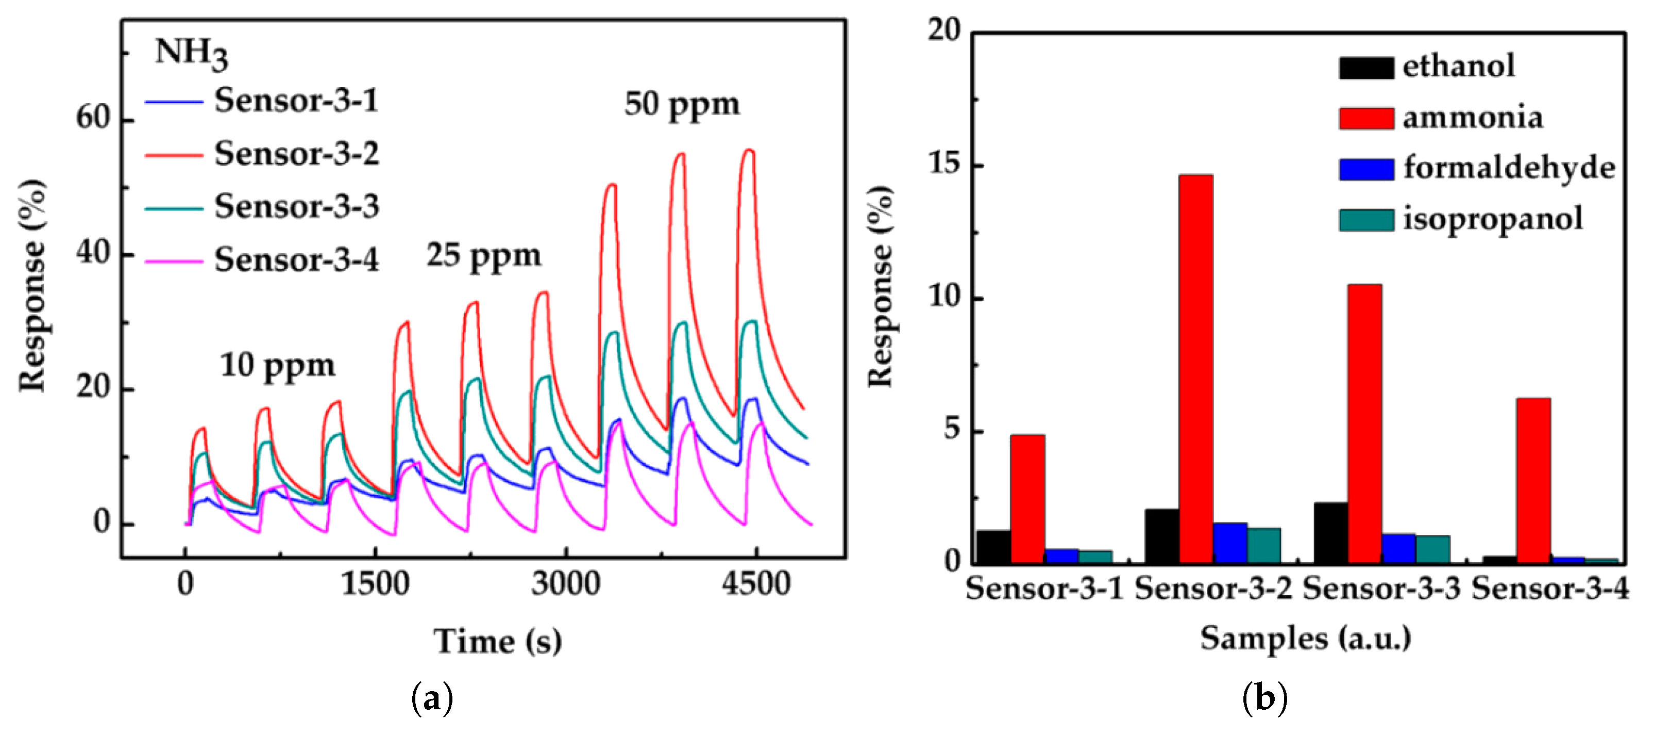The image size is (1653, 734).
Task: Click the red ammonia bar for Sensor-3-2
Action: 1195,369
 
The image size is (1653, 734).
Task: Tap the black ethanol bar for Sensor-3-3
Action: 1330,533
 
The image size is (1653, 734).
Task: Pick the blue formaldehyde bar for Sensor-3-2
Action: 1229,543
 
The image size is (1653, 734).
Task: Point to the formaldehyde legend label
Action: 1508,168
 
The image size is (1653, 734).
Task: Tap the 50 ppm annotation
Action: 682,104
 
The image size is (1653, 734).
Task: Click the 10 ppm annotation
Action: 277,366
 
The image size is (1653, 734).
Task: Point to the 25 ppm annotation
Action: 483,255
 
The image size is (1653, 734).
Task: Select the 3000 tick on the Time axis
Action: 565,584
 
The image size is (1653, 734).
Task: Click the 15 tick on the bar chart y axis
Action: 944,164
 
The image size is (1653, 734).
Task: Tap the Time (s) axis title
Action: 497,641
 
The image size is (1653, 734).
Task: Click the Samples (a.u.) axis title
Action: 1305,638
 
